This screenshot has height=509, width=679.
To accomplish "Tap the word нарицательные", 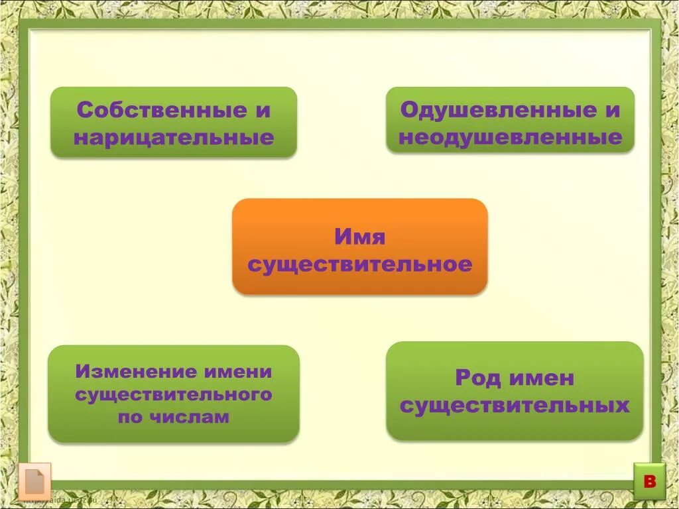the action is (174, 138).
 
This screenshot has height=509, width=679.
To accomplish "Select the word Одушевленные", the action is (489, 110).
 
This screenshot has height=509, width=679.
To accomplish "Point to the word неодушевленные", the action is (510, 138).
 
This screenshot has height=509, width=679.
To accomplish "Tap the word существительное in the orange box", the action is (359, 265).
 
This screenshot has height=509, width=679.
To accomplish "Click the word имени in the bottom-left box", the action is (239, 372).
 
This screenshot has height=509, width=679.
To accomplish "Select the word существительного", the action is (174, 395).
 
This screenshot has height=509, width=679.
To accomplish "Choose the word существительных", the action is (515, 406).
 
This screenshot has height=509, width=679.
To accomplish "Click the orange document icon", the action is (34, 482).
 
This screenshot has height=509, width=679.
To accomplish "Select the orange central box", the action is (359, 247).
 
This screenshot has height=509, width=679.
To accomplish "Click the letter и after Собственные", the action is (264, 110).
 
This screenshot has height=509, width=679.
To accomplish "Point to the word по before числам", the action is (131, 418).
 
